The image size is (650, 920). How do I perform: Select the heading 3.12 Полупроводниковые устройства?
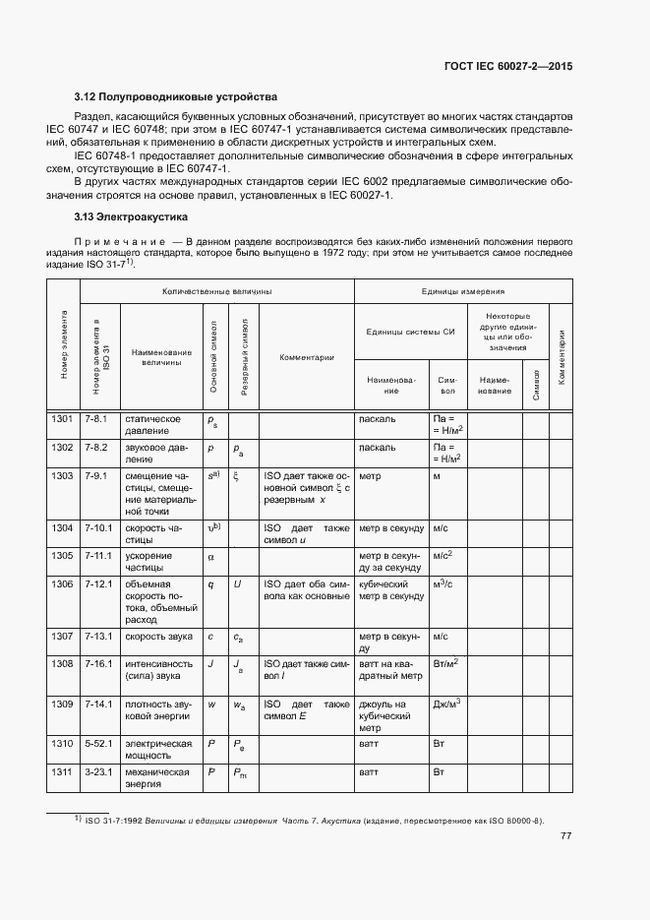coord(176,96)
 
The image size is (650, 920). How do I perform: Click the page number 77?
coord(565,836)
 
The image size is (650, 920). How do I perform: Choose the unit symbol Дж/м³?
coord(447,705)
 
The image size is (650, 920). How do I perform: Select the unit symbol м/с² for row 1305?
coord(443,555)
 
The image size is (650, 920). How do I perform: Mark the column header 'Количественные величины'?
coord(217,292)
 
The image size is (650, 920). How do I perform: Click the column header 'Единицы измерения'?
coord(462,292)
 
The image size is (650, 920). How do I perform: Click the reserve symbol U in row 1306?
coord(237,584)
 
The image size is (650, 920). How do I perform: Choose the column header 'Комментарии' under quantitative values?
coord(307,357)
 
